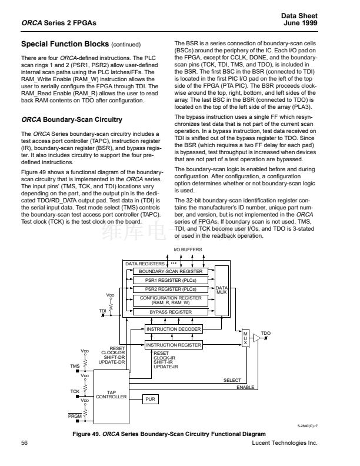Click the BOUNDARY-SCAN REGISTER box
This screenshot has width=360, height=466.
[170, 271]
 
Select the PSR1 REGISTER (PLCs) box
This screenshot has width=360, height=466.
[170, 280]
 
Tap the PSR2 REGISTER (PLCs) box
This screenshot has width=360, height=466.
[170, 289]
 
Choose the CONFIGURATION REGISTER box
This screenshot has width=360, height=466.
[170, 300]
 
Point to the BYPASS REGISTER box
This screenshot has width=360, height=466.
[170, 312]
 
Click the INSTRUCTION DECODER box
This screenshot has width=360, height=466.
[174, 329]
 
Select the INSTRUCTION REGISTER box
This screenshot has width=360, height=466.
[174, 345]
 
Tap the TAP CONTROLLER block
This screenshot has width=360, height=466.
[111, 395]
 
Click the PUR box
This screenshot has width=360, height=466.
[150, 398]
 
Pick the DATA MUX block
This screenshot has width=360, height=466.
[222, 289]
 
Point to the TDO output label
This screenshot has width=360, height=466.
[266, 333]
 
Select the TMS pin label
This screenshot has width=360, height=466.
[74, 366]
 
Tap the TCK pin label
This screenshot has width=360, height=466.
[75, 391]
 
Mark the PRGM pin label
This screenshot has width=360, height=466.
[75, 416]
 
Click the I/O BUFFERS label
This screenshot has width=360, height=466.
[187, 249]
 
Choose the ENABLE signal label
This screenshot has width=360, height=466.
[245, 387]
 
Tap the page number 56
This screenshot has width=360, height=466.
[25, 442]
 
